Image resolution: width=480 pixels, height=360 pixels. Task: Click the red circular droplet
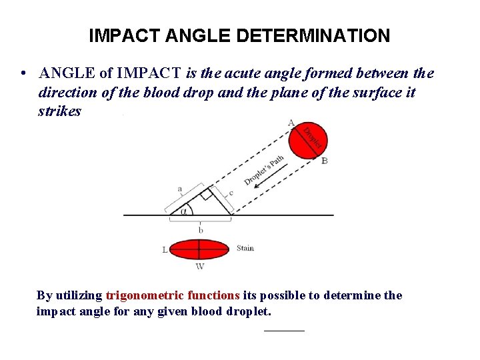pos(307,141)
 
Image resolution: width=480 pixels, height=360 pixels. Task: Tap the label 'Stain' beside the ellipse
pos(245,248)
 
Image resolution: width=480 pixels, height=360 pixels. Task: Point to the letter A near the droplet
pos(290,122)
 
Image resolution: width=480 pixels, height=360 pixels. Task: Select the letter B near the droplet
pos(324,161)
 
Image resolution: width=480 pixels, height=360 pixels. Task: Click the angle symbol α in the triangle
pos(183,210)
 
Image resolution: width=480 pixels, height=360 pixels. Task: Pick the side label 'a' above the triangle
pos(179,189)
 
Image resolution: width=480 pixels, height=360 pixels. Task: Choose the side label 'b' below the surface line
pos(200,230)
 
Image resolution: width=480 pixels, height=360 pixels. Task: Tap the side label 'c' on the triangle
pos(230,193)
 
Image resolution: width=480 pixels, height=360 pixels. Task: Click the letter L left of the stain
pos(165,250)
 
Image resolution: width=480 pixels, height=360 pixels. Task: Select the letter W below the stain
pos(199,266)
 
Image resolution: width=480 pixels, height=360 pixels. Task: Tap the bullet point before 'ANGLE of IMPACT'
pos(23,73)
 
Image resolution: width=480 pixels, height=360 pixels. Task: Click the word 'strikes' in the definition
pos(59,111)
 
